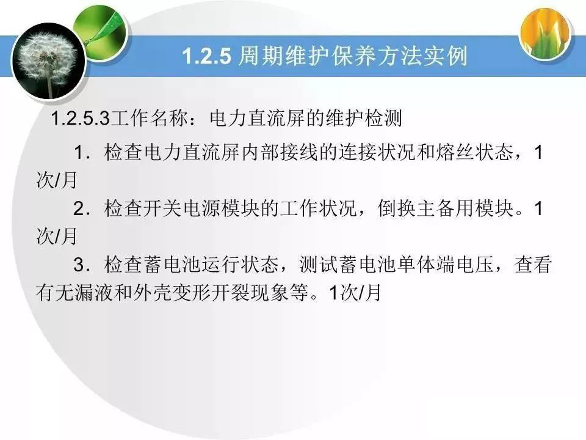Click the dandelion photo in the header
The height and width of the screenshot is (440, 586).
[x=49, y=62]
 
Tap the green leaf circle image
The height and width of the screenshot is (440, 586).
[x=99, y=33]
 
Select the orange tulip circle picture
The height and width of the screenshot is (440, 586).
[x=546, y=34]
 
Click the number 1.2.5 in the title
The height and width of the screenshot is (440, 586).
[x=207, y=56]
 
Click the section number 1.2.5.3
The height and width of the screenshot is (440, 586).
[x=81, y=118]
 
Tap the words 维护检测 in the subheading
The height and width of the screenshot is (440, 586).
[x=363, y=118]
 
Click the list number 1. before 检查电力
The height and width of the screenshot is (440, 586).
[x=82, y=153]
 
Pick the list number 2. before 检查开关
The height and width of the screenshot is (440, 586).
[x=82, y=209]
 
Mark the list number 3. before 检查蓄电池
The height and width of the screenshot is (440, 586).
[x=82, y=265]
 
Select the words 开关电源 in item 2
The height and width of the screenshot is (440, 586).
[x=183, y=208]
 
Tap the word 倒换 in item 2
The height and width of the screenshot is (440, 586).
[x=397, y=208]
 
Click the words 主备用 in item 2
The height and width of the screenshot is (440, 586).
[x=445, y=208]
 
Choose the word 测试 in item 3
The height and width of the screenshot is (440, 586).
[x=319, y=265]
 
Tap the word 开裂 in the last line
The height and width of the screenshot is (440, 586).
[x=230, y=292]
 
